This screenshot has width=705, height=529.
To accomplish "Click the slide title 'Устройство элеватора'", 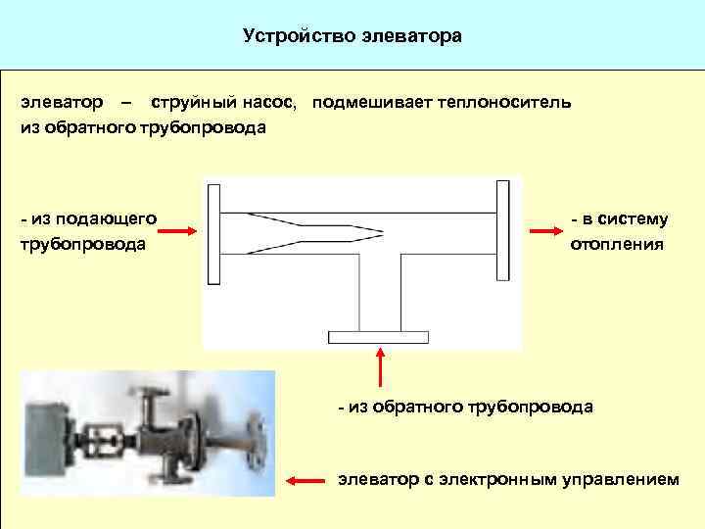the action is pos(352,37).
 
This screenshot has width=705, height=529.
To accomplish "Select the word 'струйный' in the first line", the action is pos(191,102).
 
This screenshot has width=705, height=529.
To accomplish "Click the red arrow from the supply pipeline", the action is pos(178,231).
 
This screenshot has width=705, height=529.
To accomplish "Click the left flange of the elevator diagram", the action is pos(214,231).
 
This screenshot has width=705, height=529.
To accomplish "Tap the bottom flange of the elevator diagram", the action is pos(378,337).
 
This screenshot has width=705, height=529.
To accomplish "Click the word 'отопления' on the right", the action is pos(617,244).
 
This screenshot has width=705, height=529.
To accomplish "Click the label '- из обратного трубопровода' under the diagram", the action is pos(465,406).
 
